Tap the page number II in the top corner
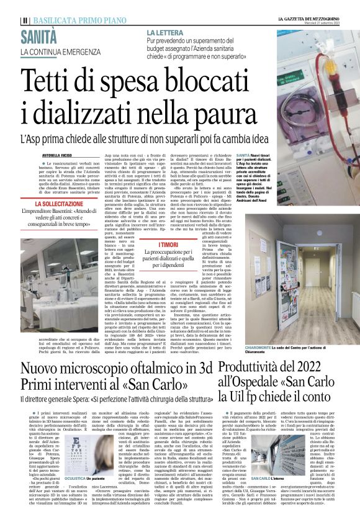tap(24, 20)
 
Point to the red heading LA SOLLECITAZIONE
tap(60, 204)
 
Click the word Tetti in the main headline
tap(47, 81)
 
